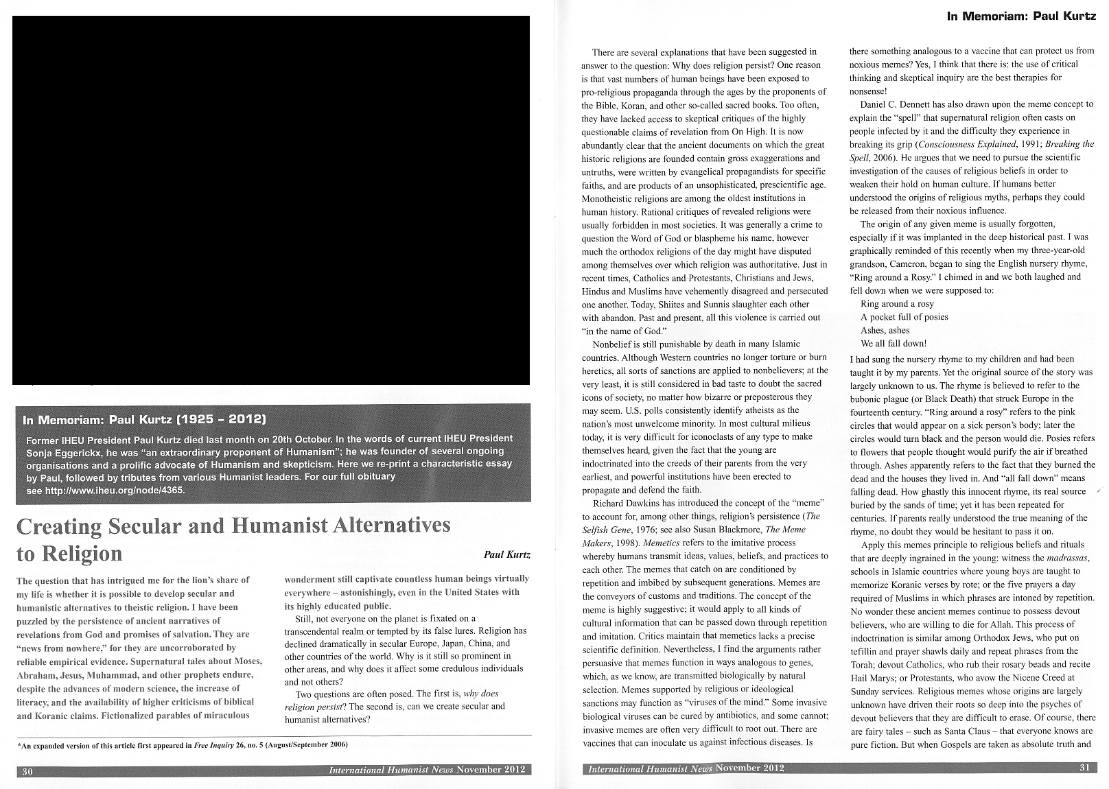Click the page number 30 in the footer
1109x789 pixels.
[27, 771]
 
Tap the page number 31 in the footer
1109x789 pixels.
[1084, 768]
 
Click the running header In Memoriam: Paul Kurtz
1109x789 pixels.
[1021, 16]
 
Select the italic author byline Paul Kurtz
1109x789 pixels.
[507, 554]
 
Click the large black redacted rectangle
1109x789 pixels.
[271, 200]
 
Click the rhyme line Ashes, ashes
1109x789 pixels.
[885, 330]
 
